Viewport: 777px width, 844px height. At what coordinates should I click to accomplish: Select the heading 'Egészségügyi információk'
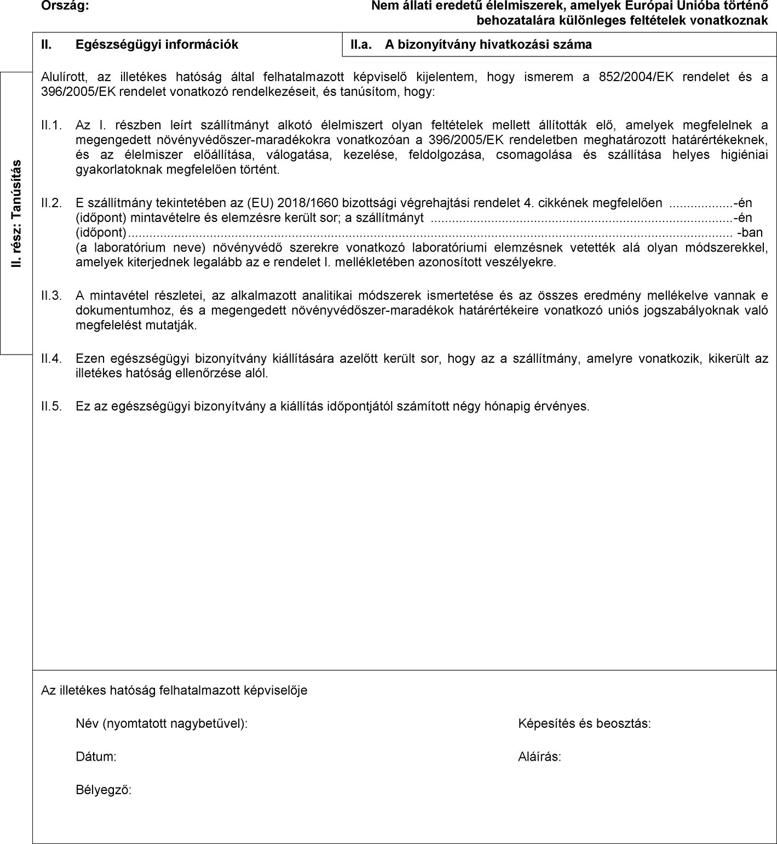pyautogui.click(x=157, y=45)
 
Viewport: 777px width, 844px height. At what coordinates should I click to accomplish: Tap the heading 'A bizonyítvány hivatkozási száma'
pyautogui.click(x=488, y=45)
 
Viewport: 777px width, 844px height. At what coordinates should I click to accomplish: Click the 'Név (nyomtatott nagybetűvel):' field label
pyautogui.click(x=162, y=724)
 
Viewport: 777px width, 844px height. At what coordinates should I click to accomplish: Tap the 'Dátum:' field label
pyautogui.click(x=96, y=757)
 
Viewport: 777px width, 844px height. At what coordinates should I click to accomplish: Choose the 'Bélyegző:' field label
pyautogui.click(x=103, y=790)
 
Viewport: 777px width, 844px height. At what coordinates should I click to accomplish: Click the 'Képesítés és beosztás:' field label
pyautogui.click(x=584, y=724)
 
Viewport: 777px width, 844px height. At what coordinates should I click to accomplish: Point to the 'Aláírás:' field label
pyautogui.click(x=539, y=757)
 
